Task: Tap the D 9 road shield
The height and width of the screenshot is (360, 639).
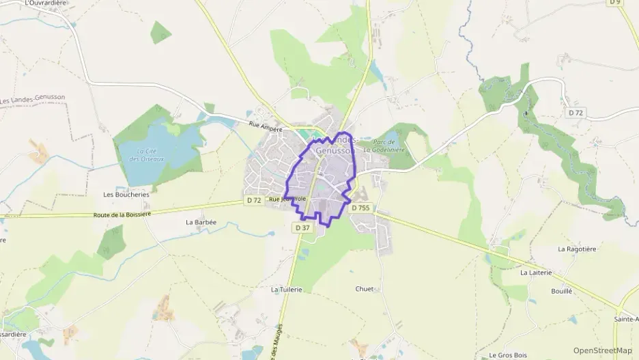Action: click(x=614, y=3)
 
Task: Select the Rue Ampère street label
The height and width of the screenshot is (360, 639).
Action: click(x=266, y=126)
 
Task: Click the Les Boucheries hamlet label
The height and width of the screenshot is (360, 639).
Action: click(x=126, y=194)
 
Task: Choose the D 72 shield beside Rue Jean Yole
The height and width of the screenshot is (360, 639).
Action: click(x=253, y=200)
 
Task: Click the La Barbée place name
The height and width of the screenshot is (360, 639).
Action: click(x=201, y=222)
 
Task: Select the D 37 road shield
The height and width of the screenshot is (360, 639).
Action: click(x=303, y=227)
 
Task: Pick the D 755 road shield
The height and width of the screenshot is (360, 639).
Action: click(x=360, y=208)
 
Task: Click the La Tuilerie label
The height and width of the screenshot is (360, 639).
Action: click(x=286, y=290)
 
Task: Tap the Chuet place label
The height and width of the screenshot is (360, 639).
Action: click(x=365, y=289)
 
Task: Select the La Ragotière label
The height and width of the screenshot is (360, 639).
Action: click(x=577, y=249)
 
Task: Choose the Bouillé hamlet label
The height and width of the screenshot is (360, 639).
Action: click(x=561, y=291)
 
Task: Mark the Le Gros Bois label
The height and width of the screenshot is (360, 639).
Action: click(x=508, y=355)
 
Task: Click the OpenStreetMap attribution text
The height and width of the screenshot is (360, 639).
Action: click(x=603, y=350)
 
